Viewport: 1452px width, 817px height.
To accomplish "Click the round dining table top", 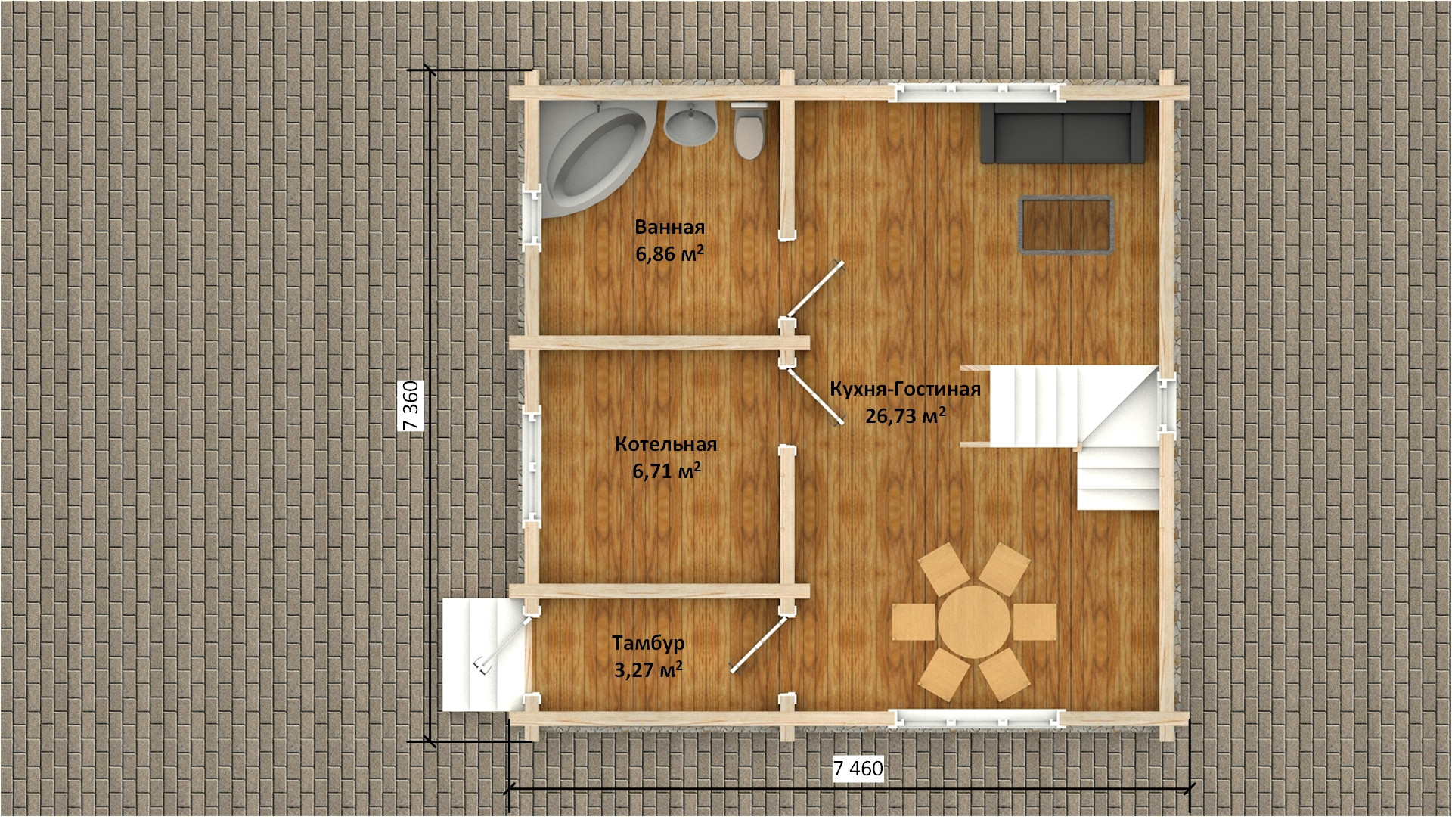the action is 974,622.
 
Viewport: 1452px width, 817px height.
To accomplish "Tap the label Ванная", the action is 669,227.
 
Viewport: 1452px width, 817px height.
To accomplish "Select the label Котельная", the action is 665,444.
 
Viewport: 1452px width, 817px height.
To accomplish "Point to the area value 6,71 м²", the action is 666,471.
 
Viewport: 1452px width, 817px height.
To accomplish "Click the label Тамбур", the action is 648,643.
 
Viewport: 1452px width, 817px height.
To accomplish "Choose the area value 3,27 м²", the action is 648,670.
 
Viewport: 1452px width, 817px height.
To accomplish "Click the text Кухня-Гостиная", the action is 905,389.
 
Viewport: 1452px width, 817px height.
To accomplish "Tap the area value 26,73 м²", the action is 905,415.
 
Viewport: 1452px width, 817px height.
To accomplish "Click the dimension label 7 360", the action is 411,405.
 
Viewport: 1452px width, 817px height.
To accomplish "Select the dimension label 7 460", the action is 858,769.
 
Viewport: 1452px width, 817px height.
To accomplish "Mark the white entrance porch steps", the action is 482,654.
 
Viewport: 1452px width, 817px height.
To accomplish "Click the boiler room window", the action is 532,467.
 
